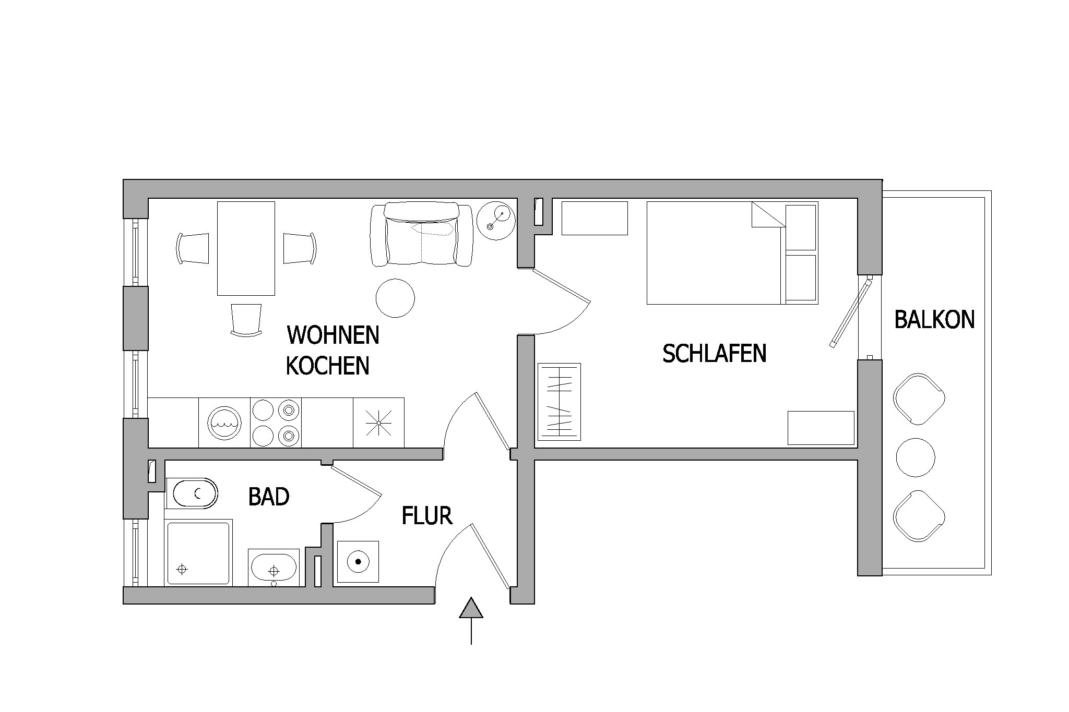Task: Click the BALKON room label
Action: point(934,320)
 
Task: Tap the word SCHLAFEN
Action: point(714,354)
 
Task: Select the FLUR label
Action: point(426,516)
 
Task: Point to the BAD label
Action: point(269,497)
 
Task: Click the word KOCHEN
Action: point(328,366)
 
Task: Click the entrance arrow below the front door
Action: point(471,620)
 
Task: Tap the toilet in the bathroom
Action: point(191,493)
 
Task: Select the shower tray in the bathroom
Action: point(198,553)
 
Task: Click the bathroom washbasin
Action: point(274,568)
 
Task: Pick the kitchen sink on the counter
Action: point(224,423)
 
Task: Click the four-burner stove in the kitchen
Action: point(276,423)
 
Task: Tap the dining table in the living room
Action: point(246,248)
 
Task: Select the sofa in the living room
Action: point(422,235)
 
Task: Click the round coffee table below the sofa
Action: point(395,298)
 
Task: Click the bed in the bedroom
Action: point(732,253)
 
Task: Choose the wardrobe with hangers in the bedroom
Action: point(559,402)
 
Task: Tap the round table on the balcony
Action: point(916,457)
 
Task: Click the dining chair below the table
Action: point(246,320)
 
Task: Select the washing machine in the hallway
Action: point(358,562)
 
